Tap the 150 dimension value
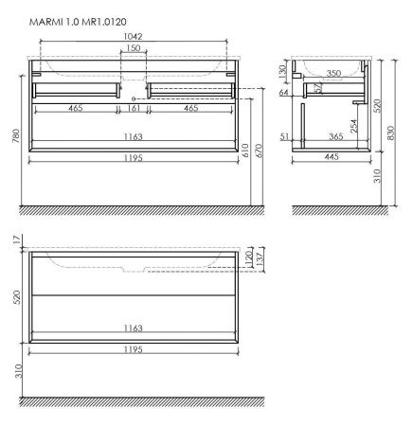[x=135, y=48]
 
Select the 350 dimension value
[x=332, y=71]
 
